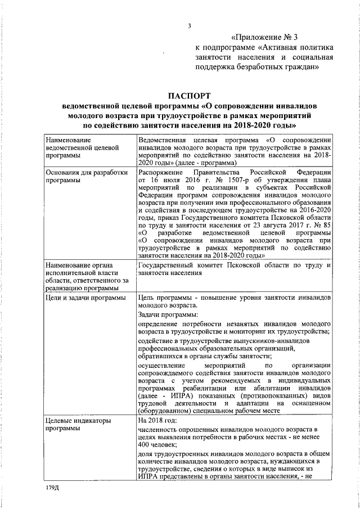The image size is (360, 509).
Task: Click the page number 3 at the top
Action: coord(190,25)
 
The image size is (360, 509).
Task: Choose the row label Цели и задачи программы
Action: coord(85,298)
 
